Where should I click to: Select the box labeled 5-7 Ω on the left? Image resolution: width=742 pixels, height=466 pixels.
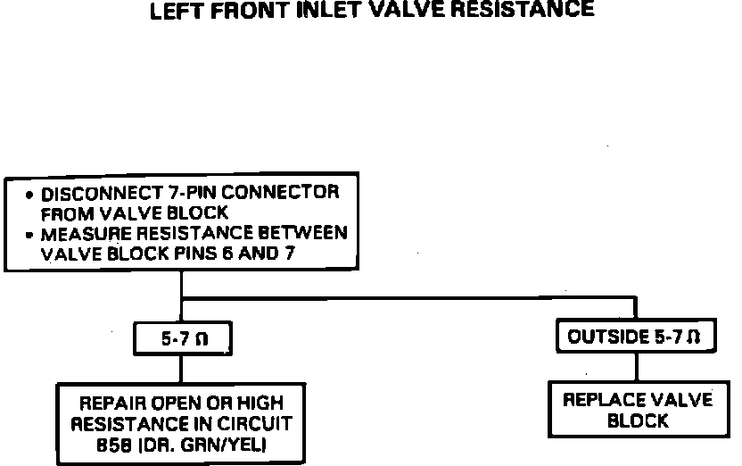tap(182, 339)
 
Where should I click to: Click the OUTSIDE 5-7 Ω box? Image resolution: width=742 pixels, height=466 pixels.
tap(635, 338)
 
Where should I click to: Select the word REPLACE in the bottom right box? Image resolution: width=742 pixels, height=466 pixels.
tap(601, 400)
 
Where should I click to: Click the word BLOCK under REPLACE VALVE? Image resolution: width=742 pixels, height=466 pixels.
tap(637, 420)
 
